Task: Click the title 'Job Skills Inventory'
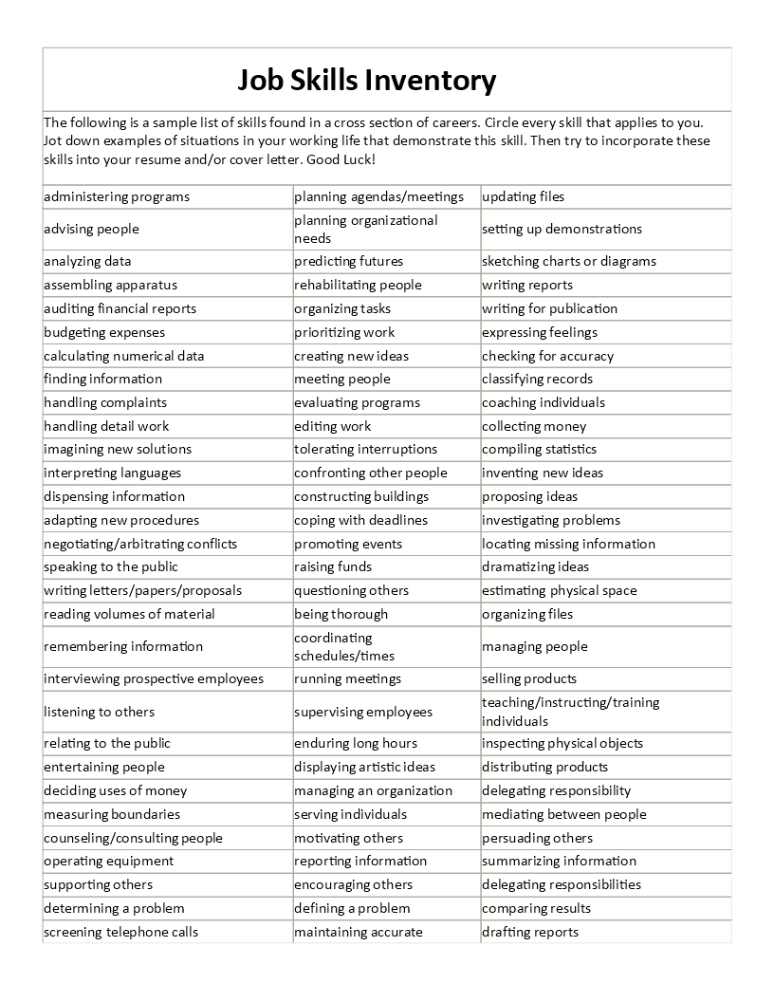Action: pyautogui.click(x=366, y=81)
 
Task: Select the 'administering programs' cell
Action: pyautogui.click(x=117, y=196)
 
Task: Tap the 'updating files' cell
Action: pyautogui.click(x=523, y=196)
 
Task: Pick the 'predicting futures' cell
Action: pyautogui.click(x=348, y=261)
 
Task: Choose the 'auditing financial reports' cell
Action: pyautogui.click(x=120, y=308)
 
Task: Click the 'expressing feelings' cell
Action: pyautogui.click(x=540, y=332)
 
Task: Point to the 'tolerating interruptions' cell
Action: pyautogui.click(x=365, y=449)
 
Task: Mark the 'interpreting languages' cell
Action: pyautogui.click(x=112, y=473)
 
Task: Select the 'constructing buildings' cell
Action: pyautogui.click(x=361, y=496)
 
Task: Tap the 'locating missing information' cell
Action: pyautogui.click(x=568, y=544)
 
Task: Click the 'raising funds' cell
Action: pyautogui.click(x=333, y=566)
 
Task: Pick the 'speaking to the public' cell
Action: pyautogui.click(x=111, y=566)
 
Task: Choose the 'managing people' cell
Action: pyautogui.click(x=535, y=646)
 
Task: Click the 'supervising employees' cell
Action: pyautogui.click(x=363, y=712)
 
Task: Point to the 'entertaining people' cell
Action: pyautogui.click(x=104, y=767)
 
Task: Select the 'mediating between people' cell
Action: pyautogui.click(x=563, y=814)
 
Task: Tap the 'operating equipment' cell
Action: pyautogui.click(x=109, y=861)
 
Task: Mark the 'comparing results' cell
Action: pyautogui.click(x=536, y=908)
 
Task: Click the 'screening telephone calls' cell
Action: pyautogui.click(x=121, y=932)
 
